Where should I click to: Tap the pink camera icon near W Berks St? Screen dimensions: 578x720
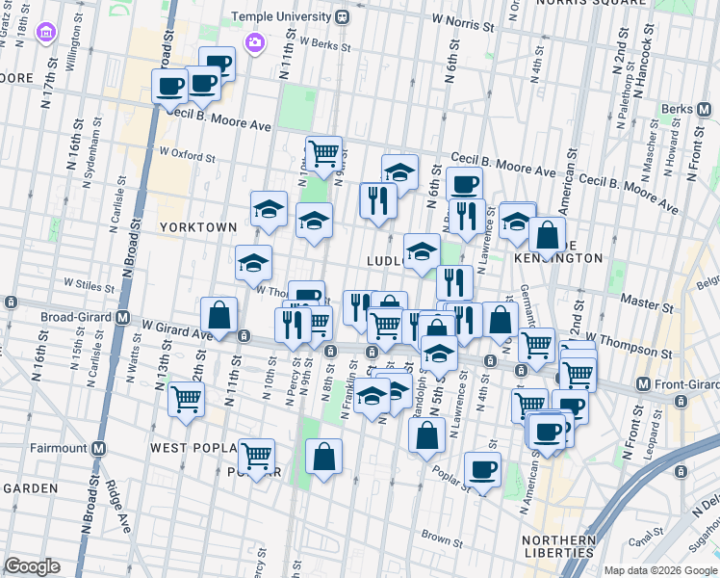pos(254,41)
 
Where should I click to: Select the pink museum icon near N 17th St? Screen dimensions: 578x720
pos(44,36)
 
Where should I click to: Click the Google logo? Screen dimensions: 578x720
pos(32,566)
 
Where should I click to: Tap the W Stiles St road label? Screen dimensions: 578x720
pos(90,283)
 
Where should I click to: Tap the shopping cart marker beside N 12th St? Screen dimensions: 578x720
pos(186,398)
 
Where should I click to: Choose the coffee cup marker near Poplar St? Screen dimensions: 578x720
pos(482,469)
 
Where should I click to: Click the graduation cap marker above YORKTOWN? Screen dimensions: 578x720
pos(270,208)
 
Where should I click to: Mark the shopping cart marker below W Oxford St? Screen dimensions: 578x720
pos(324,151)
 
